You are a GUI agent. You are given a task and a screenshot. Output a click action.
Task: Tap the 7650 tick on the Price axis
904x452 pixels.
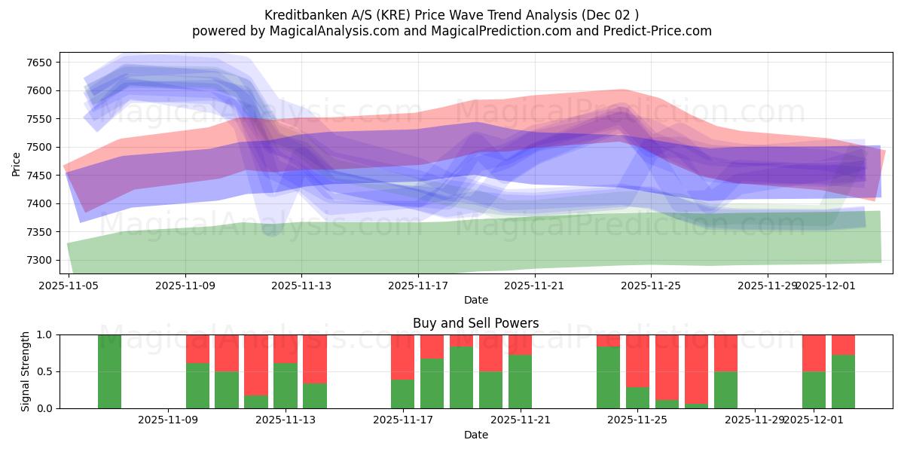[38, 63]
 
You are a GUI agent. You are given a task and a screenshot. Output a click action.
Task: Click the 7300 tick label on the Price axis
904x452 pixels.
[38, 260]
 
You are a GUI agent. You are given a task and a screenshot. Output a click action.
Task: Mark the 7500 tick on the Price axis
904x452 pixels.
[38, 147]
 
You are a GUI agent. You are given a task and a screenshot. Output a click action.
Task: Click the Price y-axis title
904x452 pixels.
[16, 163]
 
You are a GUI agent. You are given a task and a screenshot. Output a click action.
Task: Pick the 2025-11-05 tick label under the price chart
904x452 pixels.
[69, 286]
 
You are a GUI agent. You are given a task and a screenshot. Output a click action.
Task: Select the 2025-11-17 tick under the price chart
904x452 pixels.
[418, 286]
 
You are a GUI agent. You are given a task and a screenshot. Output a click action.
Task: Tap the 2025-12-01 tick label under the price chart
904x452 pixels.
[826, 286]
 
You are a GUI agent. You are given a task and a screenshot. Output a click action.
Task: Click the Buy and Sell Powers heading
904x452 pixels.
[475, 323]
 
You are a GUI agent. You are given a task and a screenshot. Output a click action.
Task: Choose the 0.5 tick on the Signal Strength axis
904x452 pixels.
[44, 371]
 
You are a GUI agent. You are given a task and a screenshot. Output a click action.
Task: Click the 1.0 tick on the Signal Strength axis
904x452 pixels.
[44, 334]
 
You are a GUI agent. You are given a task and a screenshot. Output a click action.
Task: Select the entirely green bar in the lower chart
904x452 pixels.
[109, 371]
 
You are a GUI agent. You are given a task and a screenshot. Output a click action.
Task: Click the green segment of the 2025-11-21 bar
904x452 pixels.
[521, 381]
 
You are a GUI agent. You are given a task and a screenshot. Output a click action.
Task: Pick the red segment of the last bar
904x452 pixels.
[843, 344]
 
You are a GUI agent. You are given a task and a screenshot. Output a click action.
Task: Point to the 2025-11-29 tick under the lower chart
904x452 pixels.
[754, 420]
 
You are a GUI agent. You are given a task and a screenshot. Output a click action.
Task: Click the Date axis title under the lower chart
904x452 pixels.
[475, 435]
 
